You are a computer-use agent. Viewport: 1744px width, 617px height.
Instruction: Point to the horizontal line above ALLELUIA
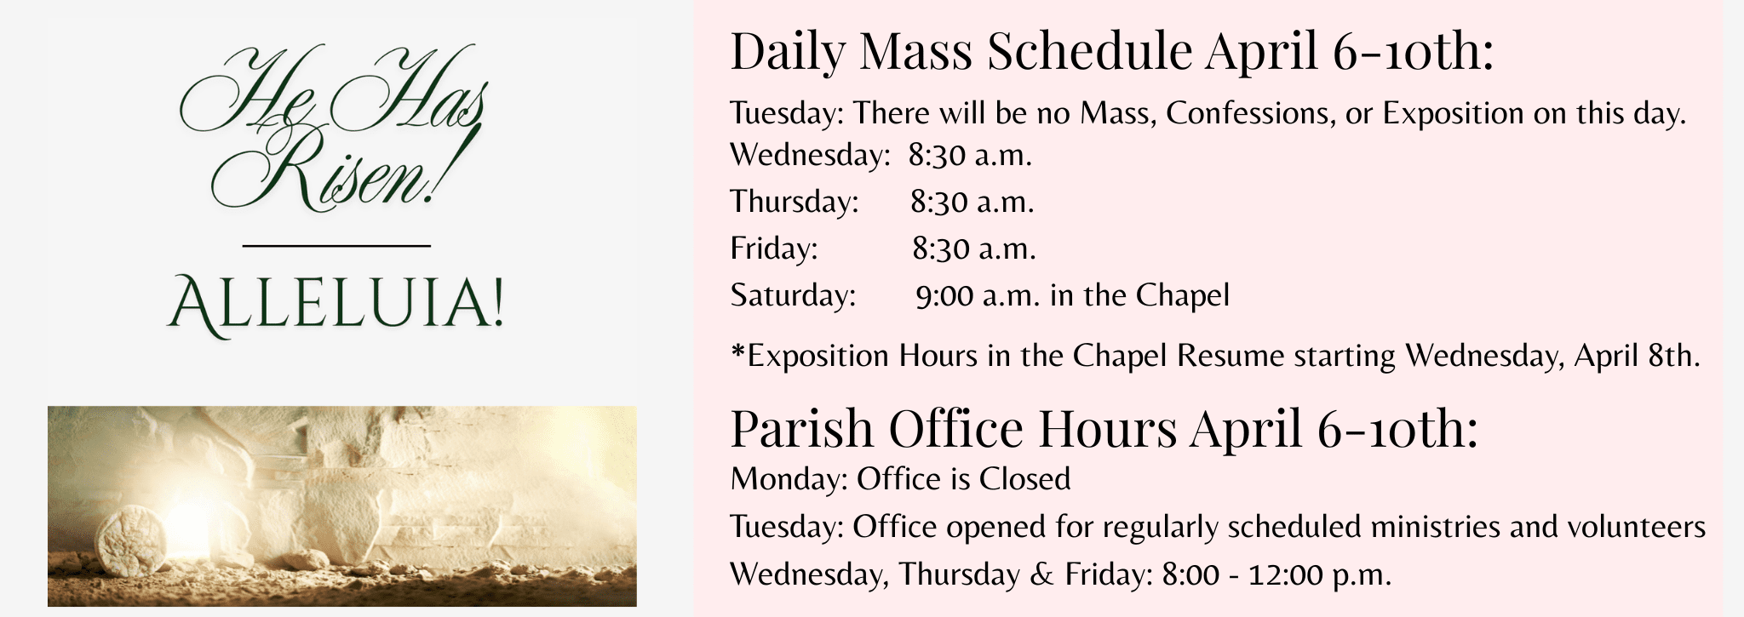click(336, 246)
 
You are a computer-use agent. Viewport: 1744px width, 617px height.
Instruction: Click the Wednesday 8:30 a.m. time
click(970, 156)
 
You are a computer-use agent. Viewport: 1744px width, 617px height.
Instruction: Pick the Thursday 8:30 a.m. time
click(972, 203)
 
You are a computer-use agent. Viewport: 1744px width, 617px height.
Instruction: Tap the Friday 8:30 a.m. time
click(974, 249)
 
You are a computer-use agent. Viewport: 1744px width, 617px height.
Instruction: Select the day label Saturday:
click(793, 296)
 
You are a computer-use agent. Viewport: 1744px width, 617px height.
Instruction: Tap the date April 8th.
click(1636, 356)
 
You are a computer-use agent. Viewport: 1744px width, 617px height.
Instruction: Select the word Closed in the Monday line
click(1024, 480)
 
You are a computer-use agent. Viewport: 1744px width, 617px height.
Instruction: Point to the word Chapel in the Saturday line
click(1183, 296)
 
